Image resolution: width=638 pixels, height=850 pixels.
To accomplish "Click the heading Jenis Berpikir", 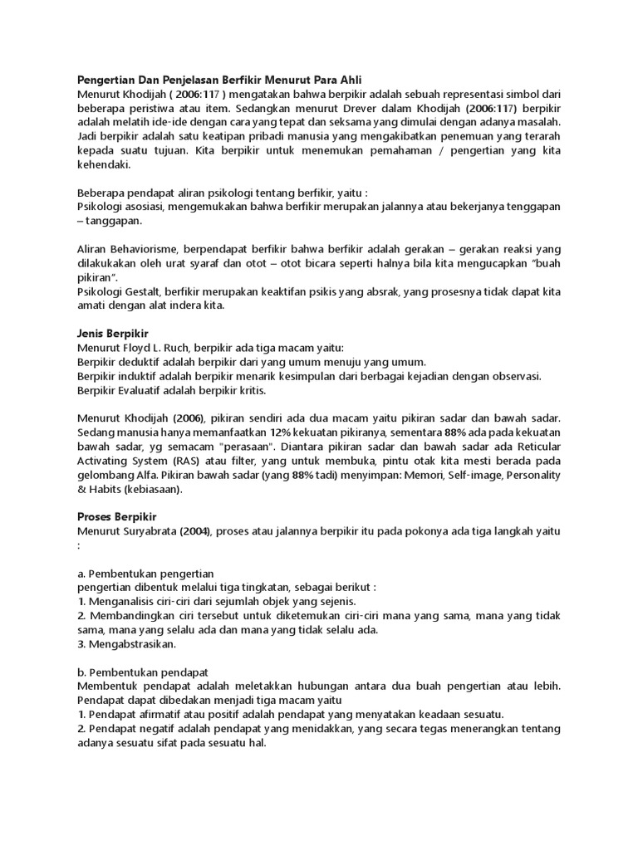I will coord(112,333).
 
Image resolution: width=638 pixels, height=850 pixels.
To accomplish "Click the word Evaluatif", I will coord(148,390).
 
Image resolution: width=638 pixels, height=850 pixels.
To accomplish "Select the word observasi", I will coord(513,376).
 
